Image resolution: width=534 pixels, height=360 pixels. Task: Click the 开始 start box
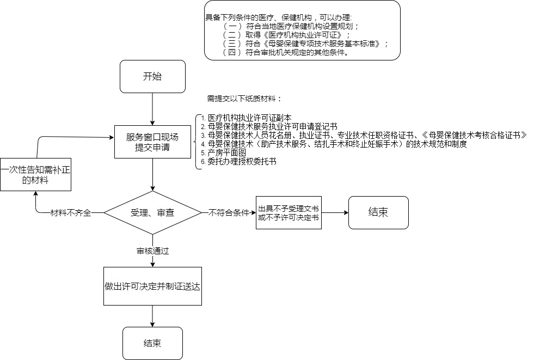(152, 76)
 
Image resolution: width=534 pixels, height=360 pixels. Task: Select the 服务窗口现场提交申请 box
(152, 142)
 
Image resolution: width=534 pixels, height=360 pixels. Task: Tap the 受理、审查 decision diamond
(152, 213)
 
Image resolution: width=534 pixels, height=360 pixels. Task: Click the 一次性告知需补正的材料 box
(36, 175)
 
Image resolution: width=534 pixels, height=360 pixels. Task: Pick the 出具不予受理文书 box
(289, 213)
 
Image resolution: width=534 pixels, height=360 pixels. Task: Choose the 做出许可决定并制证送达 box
(152, 285)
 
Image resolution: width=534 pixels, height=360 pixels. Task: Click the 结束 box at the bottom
(152, 343)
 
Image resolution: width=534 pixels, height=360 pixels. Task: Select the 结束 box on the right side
(378, 212)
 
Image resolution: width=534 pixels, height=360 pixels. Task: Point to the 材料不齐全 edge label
(70, 213)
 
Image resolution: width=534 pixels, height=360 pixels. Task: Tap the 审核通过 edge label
(152, 251)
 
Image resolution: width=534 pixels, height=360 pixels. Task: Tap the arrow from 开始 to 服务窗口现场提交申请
(152, 109)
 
